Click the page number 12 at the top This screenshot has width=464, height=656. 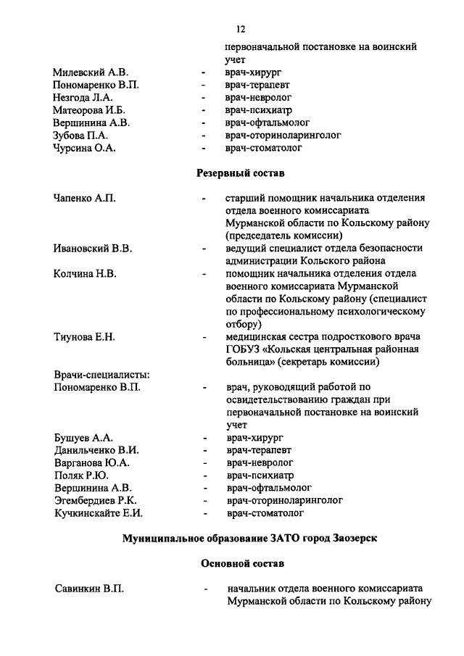click(241, 29)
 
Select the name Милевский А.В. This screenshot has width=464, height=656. click(90, 73)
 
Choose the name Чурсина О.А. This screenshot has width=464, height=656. click(85, 148)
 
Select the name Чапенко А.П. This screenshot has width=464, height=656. click(85, 198)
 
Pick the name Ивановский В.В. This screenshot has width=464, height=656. click(93, 248)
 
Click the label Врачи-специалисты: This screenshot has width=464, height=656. click(101, 375)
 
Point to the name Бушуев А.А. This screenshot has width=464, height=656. click(83, 438)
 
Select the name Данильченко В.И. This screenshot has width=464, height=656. click(97, 450)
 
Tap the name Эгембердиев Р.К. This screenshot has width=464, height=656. click(96, 500)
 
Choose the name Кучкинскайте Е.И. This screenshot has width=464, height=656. click(99, 513)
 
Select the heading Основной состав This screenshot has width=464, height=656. click(241, 562)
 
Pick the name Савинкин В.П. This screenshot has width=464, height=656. click(89, 588)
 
